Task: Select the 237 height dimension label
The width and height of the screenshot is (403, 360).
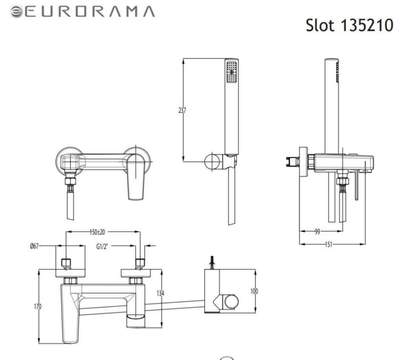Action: tap(182, 110)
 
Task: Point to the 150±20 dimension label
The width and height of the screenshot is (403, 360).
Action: tap(97, 232)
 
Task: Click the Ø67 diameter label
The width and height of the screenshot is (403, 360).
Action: tap(34, 246)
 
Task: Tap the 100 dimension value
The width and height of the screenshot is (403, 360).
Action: tap(254, 291)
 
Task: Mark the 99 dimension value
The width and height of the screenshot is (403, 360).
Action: tap(317, 232)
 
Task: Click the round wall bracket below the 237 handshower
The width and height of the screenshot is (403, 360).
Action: tap(212, 161)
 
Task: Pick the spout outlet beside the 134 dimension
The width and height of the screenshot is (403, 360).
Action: tap(138, 321)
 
